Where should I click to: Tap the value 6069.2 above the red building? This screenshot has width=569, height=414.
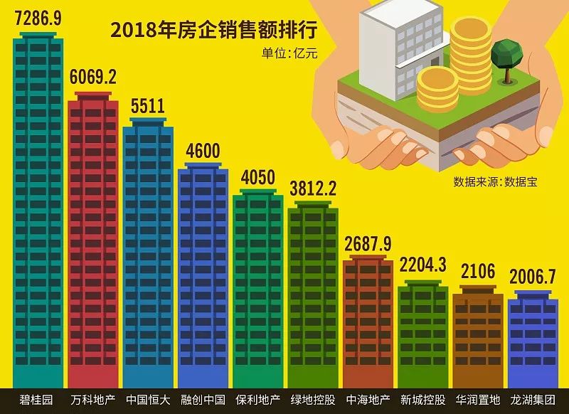tap(92, 77)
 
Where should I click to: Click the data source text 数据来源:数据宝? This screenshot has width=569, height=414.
tap(496, 181)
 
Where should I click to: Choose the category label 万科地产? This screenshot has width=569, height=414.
tap(93, 400)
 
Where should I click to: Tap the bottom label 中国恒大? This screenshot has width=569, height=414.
tap(148, 400)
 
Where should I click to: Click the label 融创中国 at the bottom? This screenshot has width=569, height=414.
tap(203, 400)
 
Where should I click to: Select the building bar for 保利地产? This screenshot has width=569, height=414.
tap(257, 292)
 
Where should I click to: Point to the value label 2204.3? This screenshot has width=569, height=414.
tap(422, 265)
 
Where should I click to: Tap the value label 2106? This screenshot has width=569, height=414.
tap(477, 271)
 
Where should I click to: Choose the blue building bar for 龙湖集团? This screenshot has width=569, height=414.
tap(533, 341)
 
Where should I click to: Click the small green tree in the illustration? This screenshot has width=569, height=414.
tap(506, 54)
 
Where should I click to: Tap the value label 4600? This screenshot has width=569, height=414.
tap(203, 151)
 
